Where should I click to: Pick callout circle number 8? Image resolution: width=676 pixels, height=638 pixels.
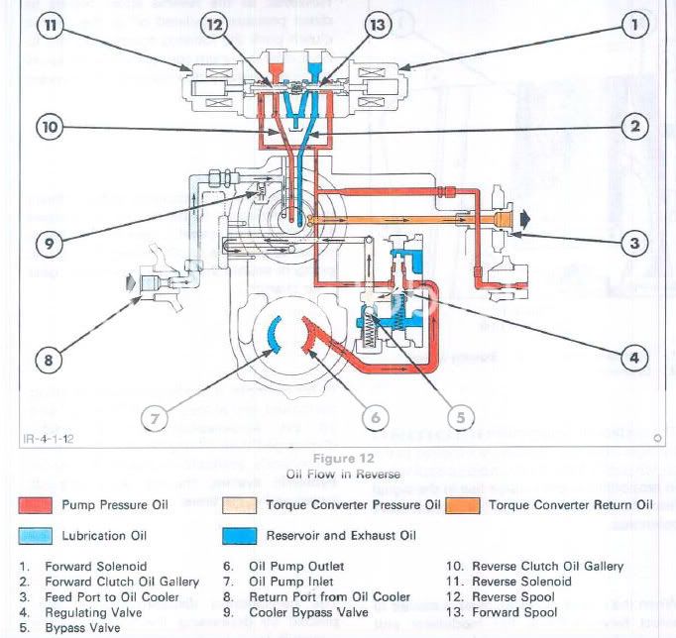point(48,360)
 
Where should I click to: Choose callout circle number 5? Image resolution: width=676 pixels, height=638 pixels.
point(463,417)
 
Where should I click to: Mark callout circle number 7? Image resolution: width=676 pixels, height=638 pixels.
point(154,417)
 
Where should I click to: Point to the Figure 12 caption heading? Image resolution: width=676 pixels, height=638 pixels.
point(339,459)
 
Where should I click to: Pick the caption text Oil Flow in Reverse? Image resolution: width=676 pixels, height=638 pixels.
point(339,475)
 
